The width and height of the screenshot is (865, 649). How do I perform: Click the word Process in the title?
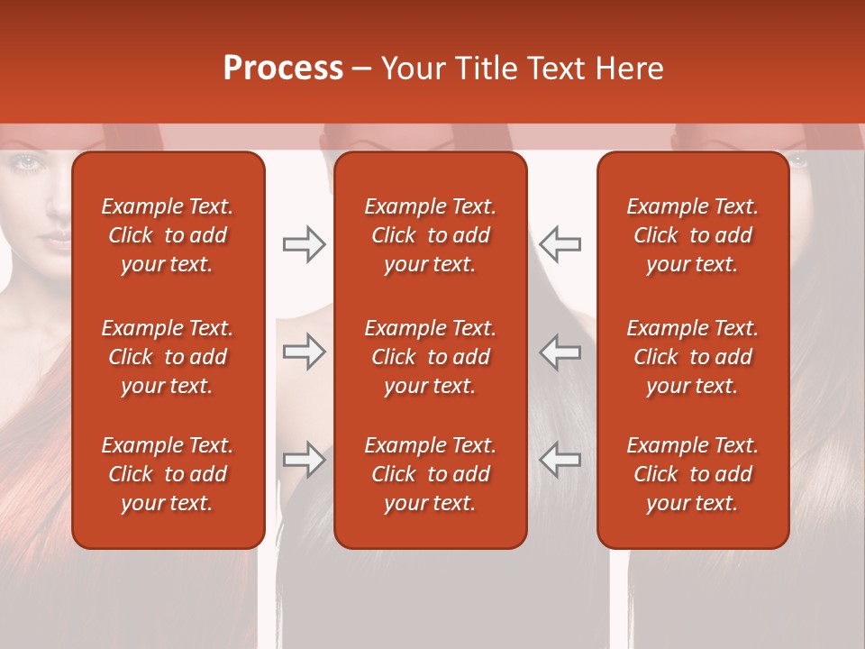283,68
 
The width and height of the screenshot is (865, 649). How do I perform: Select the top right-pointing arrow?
304,244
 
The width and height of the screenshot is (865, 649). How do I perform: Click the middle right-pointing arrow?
304,352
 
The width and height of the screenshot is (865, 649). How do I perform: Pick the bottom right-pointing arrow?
304,460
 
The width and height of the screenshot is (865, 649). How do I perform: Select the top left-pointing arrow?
560,244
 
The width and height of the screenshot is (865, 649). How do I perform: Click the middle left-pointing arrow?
560,352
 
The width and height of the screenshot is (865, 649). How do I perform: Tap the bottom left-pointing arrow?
560,460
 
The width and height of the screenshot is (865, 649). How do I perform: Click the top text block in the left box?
168,235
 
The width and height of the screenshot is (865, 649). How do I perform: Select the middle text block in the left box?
168,357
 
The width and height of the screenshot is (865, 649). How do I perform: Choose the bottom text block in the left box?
168,474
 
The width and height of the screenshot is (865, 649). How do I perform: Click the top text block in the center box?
430,235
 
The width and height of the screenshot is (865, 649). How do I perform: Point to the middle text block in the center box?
430,357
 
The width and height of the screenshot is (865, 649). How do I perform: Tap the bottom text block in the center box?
430,474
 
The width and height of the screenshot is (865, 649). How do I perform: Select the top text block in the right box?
693,235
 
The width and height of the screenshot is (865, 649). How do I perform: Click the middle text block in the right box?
693,357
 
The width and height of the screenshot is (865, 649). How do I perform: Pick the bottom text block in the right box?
693,474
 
